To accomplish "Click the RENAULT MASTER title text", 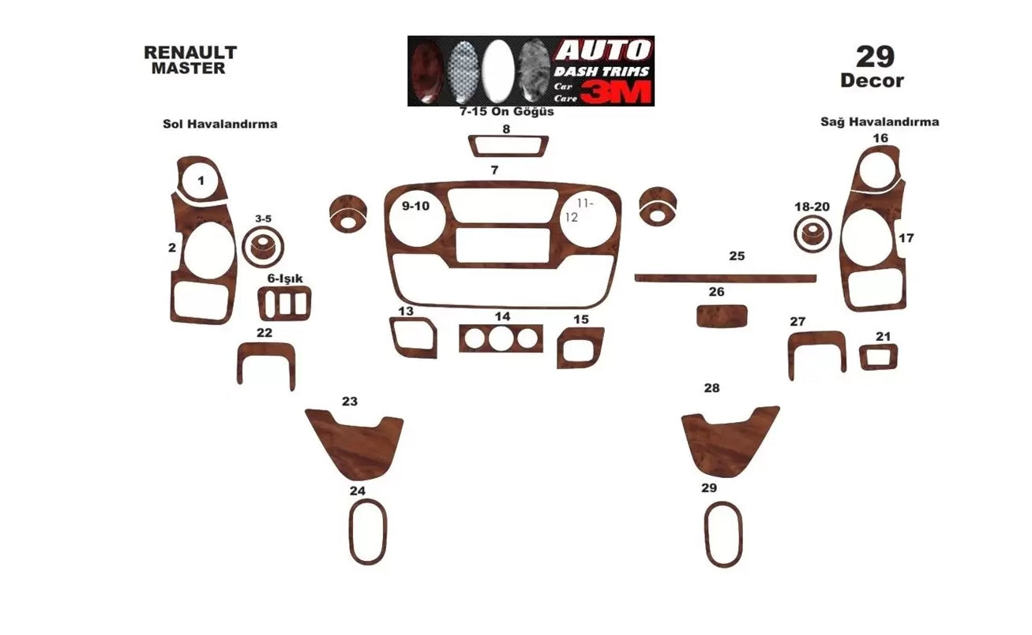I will (x=190, y=60).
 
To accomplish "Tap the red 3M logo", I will (x=618, y=92).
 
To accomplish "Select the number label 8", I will (x=506, y=129).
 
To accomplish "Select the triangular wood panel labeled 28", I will (x=727, y=440).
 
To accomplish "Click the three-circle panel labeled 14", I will (x=501, y=338).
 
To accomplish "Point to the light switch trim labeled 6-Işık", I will (x=284, y=303).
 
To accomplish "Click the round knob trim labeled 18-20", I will (x=812, y=234).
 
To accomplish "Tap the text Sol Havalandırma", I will (x=220, y=124).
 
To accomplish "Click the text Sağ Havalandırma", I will (x=880, y=122).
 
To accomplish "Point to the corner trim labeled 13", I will (x=412, y=338).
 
